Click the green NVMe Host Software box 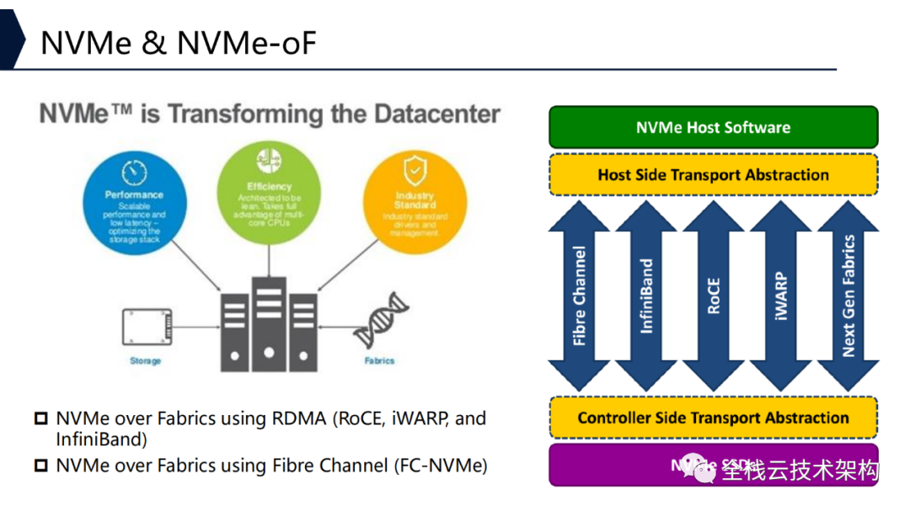click(713, 128)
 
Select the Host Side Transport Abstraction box click(713, 175)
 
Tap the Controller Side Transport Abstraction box click(713, 418)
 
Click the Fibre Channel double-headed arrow click(579, 296)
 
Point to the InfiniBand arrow click(646, 296)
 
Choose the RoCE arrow click(714, 296)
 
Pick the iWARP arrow click(781, 296)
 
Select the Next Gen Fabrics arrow click(848, 296)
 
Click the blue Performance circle click(136, 195)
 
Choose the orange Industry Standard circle click(415, 199)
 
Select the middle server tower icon click(269, 324)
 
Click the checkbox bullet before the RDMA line click(41, 418)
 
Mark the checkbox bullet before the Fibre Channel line click(41, 466)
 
